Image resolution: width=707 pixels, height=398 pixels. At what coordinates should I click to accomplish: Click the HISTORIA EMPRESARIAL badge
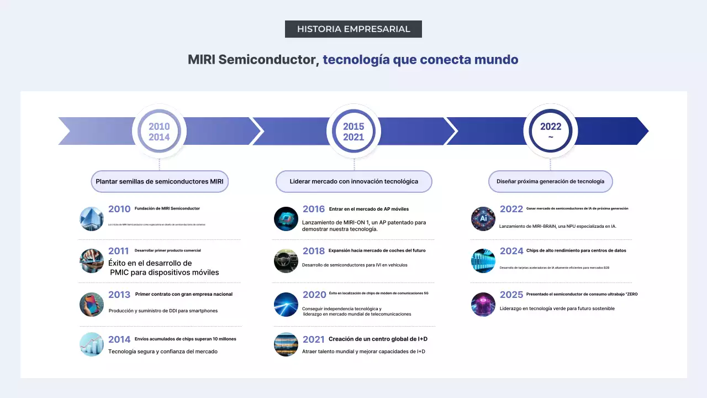tap(353, 29)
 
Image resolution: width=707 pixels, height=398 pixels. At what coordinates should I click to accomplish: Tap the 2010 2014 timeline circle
tap(159, 132)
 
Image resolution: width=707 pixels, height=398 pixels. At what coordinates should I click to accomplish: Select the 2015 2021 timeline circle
tap(353, 132)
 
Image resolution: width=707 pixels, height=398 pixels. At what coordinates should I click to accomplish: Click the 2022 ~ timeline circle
tap(550, 132)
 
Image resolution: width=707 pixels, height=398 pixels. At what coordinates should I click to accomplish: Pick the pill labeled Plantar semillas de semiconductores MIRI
tap(160, 181)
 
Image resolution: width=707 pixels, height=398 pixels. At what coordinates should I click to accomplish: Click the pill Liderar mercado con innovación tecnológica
tap(353, 181)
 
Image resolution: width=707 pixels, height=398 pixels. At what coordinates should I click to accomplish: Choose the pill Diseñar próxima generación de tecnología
tap(550, 181)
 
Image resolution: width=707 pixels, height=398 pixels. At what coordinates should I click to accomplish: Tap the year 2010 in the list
tap(119, 209)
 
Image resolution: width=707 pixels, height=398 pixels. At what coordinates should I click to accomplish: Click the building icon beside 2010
tap(92, 219)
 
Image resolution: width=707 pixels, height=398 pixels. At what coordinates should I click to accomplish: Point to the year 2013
tap(119, 295)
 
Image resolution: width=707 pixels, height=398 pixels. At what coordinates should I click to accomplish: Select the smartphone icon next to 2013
tap(92, 305)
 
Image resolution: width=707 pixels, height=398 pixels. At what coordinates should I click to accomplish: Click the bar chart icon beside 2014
tap(92, 344)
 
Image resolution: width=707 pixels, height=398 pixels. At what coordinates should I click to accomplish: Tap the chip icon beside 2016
tap(286, 219)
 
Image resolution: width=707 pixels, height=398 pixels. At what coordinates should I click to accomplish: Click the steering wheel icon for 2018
tap(286, 261)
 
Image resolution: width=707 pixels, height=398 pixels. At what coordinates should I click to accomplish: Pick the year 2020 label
tap(314, 295)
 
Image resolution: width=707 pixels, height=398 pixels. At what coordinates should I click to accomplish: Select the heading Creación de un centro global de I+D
tap(378, 339)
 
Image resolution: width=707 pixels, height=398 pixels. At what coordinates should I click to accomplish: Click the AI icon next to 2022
tap(483, 219)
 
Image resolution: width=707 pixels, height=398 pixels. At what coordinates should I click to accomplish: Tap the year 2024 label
tap(511, 251)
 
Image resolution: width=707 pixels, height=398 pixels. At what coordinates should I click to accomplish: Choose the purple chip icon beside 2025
tap(483, 305)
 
